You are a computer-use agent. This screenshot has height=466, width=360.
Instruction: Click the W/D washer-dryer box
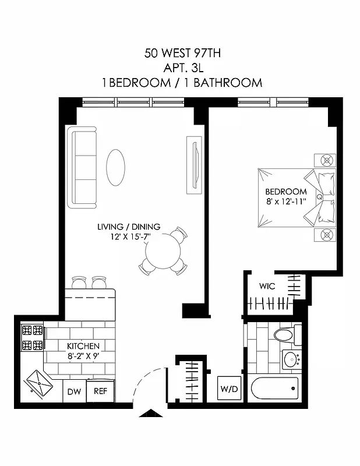pyautogui.click(x=228, y=388)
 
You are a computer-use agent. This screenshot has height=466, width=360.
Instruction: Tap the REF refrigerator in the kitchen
pyautogui.click(x=101, y=391)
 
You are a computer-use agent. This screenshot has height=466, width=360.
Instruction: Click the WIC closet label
pyautogui.click(x=267, y=286)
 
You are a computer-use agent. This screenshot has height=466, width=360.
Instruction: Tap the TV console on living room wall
pyautogui.click(x=193, y=165)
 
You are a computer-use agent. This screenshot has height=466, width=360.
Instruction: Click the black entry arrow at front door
pyautogui.click(x=153, y=414)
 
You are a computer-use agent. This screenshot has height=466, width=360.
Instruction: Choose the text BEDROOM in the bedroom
pyautogui.click(x=285, y=192)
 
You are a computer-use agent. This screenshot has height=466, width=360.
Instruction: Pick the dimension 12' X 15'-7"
pyautogui.click(x=128, y=237)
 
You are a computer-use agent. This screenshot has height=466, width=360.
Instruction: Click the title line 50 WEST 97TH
pyautogui.click(x=182, y=54)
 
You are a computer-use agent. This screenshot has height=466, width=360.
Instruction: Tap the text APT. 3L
pyautogui.click(x=182, y=68)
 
